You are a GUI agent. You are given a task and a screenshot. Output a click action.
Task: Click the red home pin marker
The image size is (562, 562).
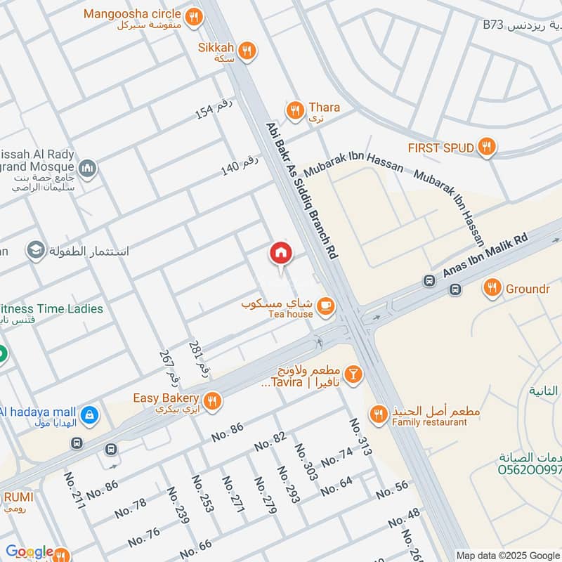coord(280,253)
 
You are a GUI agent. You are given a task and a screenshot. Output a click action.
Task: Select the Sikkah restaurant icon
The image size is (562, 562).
coord(246,50)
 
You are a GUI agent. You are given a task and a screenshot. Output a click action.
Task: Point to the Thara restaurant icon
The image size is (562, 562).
coord(294,109)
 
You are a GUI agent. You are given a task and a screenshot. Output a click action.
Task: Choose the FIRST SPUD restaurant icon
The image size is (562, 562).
coord(485,148)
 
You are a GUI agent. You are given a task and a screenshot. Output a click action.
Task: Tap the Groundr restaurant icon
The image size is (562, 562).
coord(492,287)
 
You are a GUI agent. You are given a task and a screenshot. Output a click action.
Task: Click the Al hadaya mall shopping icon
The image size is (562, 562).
coord(89,414)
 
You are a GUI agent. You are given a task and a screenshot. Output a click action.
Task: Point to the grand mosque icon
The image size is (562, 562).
coord(88,169)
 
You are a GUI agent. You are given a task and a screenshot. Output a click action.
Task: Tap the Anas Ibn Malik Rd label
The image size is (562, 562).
coord(484,256)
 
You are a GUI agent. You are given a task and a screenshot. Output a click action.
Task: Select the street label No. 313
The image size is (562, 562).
coord(360,437)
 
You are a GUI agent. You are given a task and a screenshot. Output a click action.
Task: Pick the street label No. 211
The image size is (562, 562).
coord(74,490)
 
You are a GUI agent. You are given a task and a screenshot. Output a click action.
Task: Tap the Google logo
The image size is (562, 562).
coord(29,552)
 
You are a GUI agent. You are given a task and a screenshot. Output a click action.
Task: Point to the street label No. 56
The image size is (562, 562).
coord(392,490)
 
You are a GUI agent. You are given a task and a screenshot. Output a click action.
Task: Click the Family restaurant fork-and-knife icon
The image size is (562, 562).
coord(379,414)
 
